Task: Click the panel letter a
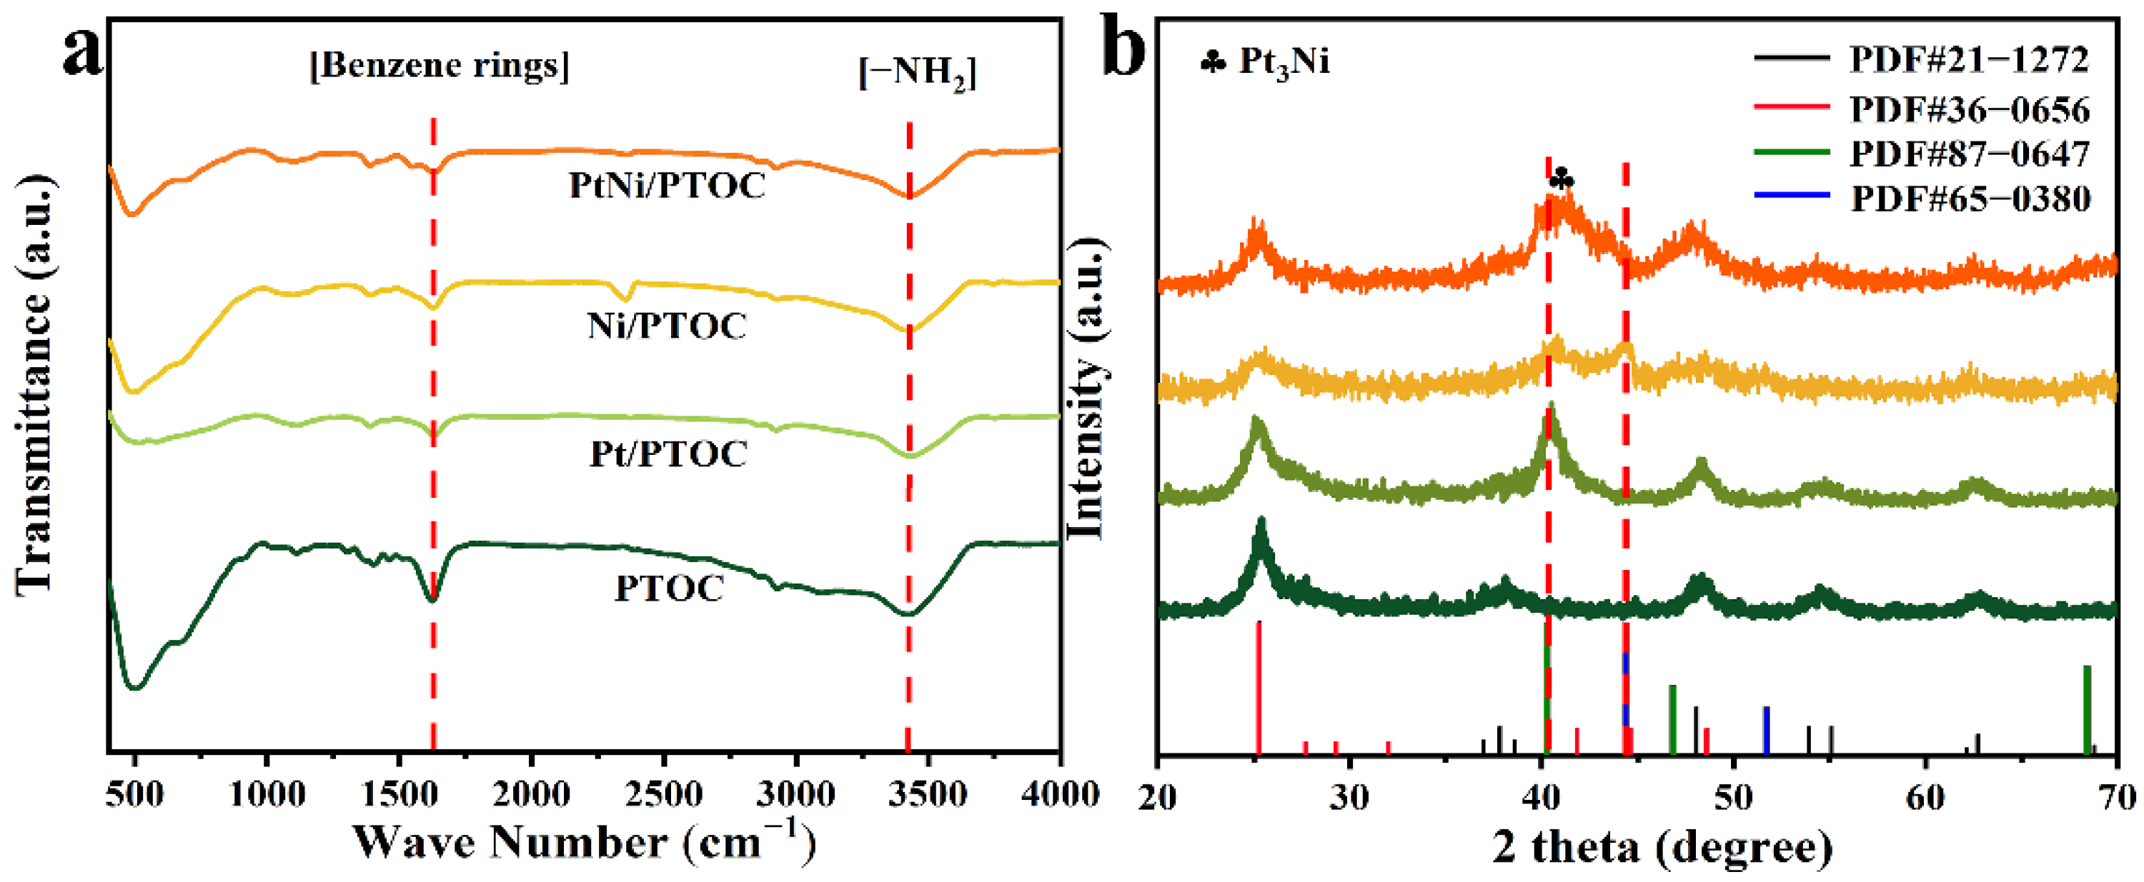[x=83, y=51]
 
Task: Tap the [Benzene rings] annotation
[x=440, y=65]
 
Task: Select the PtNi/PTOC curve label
[x=667, y=185]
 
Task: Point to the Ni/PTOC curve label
[x=667, y=326]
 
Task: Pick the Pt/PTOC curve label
[x=668, y=453]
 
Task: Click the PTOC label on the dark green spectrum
[x=669, y=588]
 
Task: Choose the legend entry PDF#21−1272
[x=1969, y=59]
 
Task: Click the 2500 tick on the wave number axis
[x=663, y=794]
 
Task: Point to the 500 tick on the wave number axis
[x=134, y=794]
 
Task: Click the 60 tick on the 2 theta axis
[x=1925, y=797]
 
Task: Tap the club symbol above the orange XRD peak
[x=1562, y=178]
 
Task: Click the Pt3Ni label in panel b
[x=1284, y=61]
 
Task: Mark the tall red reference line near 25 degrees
[x=1259, y=687]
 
